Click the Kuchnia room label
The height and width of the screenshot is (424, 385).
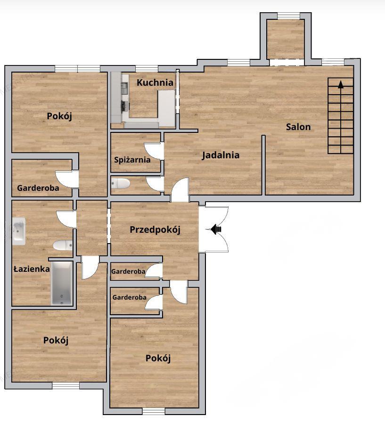tap(155, 82)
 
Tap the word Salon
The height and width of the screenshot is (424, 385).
tap(298, 127)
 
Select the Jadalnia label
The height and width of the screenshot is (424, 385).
tap(221, 155)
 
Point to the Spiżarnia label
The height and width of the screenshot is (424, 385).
tap(132, 160)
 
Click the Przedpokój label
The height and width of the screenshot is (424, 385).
tap(155, 230)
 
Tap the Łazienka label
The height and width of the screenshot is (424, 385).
tap(32, 269)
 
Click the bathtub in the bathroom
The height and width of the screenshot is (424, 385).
tap(62, 283)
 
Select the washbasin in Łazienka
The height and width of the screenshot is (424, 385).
tap(19, 231)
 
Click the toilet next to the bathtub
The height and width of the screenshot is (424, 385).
tap(63, 245)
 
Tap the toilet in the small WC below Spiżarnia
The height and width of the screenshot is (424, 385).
tap(120, 183)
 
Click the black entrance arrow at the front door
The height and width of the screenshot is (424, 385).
tap(216, 229)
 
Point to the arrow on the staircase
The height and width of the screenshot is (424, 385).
tap(341, 85)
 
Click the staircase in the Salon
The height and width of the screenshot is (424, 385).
tap(340, 116)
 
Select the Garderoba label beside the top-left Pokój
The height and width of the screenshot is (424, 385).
tap(38, 188)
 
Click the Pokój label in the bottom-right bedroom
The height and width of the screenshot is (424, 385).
tap(158, 359)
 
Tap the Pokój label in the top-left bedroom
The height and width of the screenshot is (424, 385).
tap(59, 116)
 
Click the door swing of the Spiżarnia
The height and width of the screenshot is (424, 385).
tap(154, 151)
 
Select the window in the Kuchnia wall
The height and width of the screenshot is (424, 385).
tap(147, 69)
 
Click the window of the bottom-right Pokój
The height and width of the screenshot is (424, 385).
tap(154, 411)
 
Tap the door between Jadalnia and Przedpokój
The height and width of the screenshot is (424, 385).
tap(180, 190)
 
